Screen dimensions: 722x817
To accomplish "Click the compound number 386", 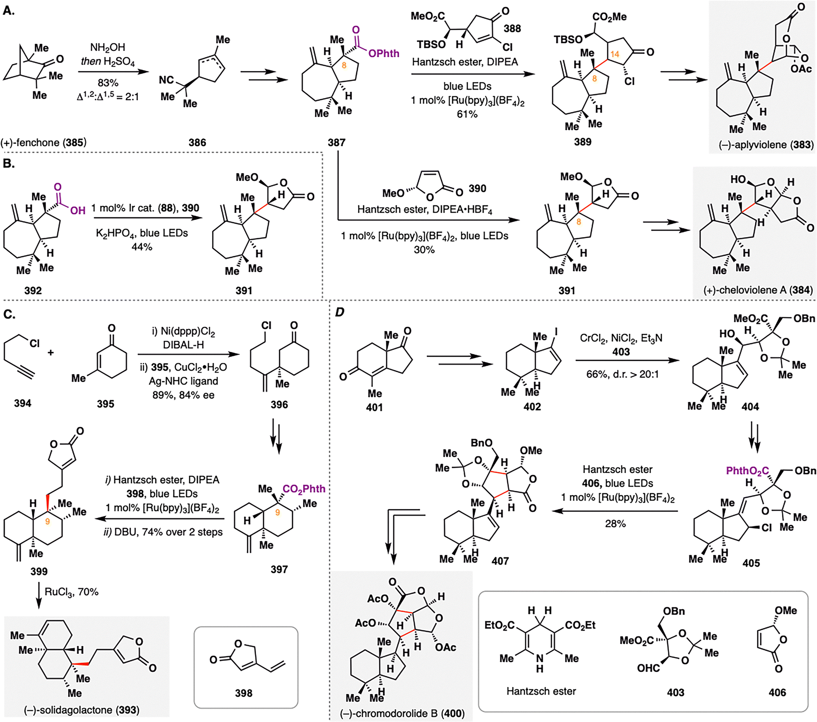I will click(197, 143).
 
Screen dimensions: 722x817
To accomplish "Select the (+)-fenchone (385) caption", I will click(44, 143).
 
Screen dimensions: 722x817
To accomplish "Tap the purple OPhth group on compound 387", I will click(383, 54).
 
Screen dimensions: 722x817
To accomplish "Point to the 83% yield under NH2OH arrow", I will click(108, 83).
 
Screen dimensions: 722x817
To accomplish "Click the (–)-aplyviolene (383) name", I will click(766, 145).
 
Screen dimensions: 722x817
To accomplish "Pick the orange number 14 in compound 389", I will click(614, 54).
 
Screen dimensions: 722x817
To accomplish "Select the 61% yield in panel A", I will click(467, 114).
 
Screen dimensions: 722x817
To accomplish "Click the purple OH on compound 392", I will click(78, 210).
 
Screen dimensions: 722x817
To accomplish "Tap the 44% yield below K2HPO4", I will click(142, 247).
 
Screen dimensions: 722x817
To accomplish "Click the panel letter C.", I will click(9, 314).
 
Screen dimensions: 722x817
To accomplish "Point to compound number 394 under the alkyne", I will click(22, 403).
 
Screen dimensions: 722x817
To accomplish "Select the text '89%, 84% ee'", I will click(183, 395).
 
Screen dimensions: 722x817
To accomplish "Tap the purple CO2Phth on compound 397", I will click(304, 489).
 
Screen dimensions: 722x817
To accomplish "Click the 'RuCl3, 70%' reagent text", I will click(71, 592).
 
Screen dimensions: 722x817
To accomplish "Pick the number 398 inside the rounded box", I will click(243, 693).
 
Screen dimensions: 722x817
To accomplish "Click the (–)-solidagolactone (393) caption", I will click(82, 710).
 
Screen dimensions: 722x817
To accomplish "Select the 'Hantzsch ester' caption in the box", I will click(541, 691).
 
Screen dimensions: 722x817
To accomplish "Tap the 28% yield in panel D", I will click(615, 524).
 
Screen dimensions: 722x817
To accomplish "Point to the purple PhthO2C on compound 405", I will click(747, 471).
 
